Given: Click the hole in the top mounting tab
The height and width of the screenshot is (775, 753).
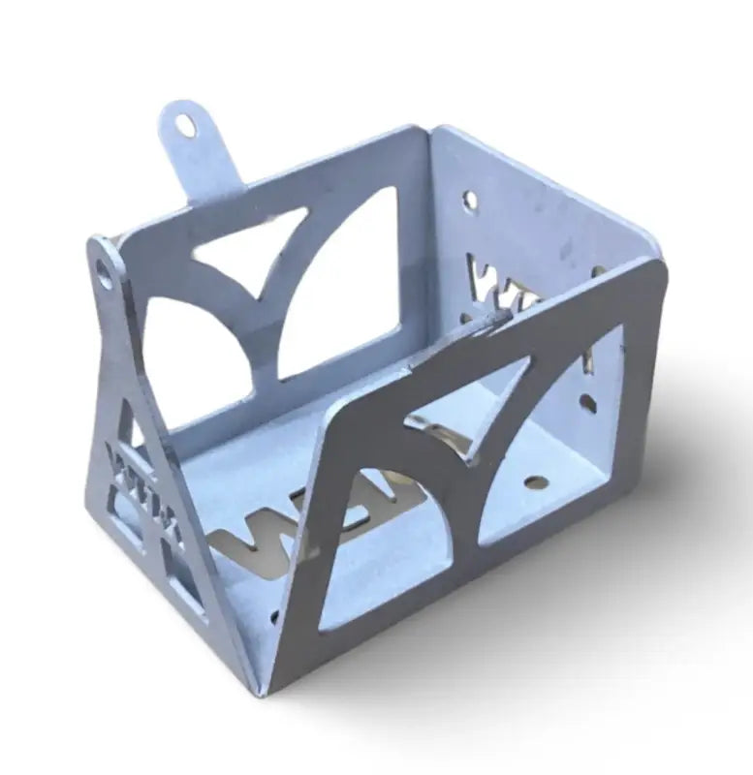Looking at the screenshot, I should point(185,125).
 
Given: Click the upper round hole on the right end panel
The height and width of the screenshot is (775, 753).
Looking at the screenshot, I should point(470,201).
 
